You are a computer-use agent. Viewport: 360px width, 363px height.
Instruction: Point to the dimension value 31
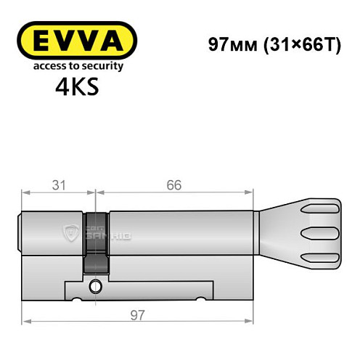coord(59,184)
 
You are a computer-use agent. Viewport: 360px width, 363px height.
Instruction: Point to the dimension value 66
coord(174,184)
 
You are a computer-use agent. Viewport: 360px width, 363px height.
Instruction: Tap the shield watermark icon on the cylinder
coord(71,232)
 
